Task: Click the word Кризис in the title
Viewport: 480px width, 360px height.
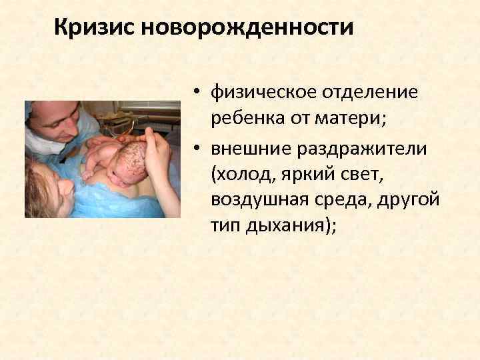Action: tap(91, 27)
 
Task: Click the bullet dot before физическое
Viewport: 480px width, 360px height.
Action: tap(199, 93)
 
